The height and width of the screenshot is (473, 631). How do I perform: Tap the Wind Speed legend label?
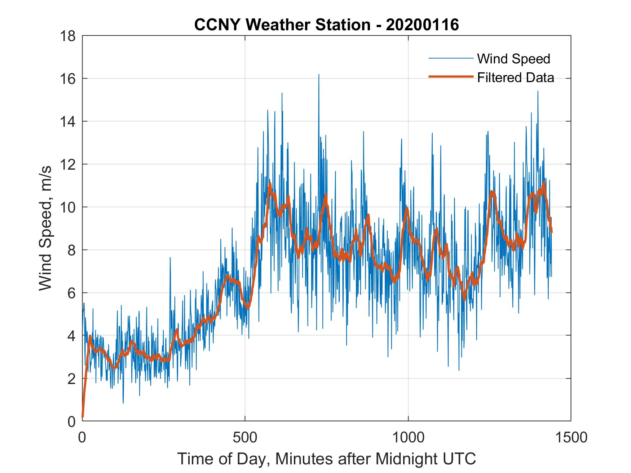pyautogui.click(x=513, y=59)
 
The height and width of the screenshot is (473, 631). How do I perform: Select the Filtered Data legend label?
pyautogui.click(x=515, y=77)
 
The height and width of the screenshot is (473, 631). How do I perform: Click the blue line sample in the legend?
pyautogui.click(x=450, y=58)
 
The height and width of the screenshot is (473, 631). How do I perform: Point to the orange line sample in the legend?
pyautogui.click(x=450, y=77)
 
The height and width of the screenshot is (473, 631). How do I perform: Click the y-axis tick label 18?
pyautogui.click(x=68, y=36)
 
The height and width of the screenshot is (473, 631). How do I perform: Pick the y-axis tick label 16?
pyautogui.click(x=68, y=79)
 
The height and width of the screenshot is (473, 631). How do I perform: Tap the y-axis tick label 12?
pyautogui.click(x=68, y=165)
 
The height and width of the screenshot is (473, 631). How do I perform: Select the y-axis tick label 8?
pyautogui.click(x=71, y=250)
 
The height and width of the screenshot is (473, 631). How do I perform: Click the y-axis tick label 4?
pyautogui.click(x=71, y=336)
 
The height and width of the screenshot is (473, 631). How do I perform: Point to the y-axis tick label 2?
pyautogui.click(x=71, y=379)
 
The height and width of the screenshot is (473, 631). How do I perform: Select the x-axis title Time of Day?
pyautogui.click(x=326, y=459)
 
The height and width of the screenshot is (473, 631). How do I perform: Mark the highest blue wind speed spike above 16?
pyautogui.click(x=319, y=75)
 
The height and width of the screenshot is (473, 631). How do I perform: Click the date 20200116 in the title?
pyautogui.click(x=422, y=25)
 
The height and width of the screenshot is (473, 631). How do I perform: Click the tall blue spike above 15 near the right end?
pyautogui.click(x=538, y=92)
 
